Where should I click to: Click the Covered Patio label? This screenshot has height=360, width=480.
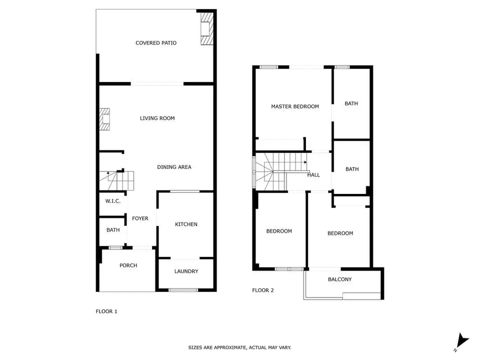[156, 43]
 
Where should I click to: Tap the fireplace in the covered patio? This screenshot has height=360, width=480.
[206, 29]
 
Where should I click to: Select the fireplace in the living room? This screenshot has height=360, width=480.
[104, 119]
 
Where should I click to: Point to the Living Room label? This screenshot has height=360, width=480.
[157, 118]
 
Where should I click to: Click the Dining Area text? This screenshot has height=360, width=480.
[174, 167]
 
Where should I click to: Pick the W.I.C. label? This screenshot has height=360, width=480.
[113, 201]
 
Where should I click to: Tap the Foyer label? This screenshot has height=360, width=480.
[140, 218]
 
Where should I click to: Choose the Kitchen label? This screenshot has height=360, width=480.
[186, 224]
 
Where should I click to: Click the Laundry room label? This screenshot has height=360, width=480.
[186, 271]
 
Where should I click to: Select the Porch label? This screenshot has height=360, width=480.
[128, 265]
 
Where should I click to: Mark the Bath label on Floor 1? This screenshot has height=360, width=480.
[113, 230]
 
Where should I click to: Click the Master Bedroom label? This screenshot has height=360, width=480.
[295, 106]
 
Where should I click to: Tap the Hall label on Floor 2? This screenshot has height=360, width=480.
[313, 175]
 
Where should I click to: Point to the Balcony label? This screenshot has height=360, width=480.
[340, 279]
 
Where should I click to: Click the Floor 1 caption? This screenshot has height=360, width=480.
[106, 311]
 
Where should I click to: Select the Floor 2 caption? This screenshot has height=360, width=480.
[263, 290]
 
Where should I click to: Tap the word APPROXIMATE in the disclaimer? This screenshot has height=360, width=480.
[230, 347]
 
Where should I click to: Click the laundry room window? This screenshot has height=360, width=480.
[183, 289]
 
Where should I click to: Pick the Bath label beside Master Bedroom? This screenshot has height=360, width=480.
[351, 103]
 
